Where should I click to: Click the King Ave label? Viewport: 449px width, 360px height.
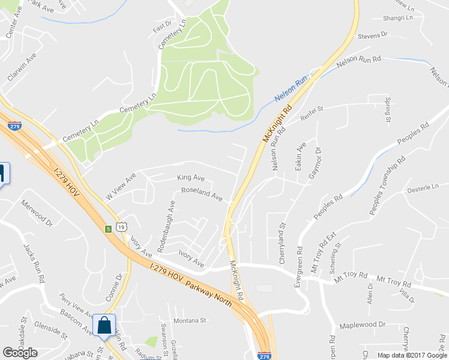[191, 178]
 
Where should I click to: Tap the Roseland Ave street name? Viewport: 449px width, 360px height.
[202, 195]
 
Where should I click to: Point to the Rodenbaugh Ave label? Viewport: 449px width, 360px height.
[166, 227]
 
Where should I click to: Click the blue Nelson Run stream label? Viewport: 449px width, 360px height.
[291, 89]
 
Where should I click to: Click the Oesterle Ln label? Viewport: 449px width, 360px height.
[424, 189]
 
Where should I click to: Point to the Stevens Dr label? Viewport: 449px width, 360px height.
[373, 36]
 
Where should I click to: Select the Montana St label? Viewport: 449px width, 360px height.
[190, 320]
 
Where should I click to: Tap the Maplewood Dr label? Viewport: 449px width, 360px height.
[362, 325]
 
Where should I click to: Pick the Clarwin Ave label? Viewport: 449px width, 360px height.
[22, 67]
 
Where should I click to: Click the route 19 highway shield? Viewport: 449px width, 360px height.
[121, 227]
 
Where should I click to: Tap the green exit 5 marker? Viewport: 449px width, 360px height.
[108, 229]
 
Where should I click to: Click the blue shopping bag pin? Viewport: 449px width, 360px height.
[104, 325]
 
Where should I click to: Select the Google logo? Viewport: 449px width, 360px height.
[20, 353]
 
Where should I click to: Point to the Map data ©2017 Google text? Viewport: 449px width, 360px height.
[412, 355]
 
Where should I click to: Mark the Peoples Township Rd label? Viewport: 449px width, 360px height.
[387, 186]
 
